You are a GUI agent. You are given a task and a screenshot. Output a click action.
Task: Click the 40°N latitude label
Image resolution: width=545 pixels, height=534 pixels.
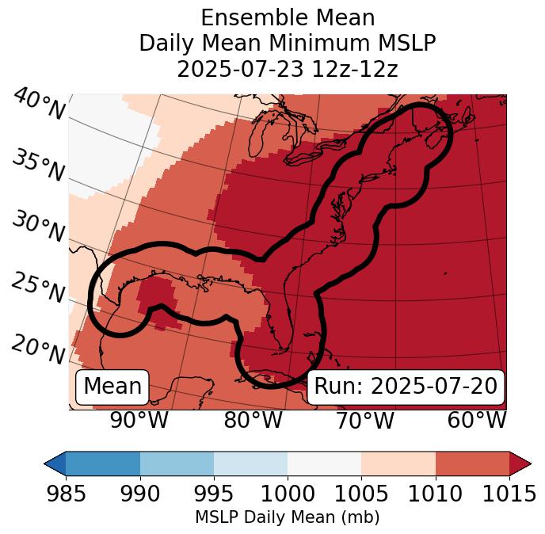(39, 105)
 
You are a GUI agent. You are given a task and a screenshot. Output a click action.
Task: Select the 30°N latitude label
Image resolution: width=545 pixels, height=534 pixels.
(37, 227)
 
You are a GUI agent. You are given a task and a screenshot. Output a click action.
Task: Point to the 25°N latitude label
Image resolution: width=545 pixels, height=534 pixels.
(37, 288)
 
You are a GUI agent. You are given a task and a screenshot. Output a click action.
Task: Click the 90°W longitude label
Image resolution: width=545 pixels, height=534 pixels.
(139, 421)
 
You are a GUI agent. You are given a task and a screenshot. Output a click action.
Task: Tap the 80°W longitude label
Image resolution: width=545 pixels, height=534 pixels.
(252, 421)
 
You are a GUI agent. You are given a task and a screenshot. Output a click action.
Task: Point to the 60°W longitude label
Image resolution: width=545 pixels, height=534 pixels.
(477, 421)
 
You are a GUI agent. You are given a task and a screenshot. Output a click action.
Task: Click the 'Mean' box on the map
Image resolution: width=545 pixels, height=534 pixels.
(112, 387)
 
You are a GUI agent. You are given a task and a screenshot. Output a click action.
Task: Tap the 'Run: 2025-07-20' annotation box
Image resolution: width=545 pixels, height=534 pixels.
(406, 387)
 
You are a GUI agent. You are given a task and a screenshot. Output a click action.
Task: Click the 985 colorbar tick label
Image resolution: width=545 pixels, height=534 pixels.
(66, 494)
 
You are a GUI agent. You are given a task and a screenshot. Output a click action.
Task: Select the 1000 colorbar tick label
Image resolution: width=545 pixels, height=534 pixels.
(288, 494)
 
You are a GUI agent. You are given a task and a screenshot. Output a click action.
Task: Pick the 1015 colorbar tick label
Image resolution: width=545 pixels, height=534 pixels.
(509, 494)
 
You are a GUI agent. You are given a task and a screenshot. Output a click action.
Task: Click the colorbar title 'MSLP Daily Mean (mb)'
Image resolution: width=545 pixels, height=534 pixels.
(287, 517)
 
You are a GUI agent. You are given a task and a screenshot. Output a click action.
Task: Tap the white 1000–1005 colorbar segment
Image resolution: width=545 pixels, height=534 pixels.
(324, 463)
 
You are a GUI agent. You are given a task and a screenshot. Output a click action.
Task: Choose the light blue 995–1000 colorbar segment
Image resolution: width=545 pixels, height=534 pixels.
(250, 463)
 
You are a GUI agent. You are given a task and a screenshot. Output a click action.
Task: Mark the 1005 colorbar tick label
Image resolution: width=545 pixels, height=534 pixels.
(361, 494)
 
